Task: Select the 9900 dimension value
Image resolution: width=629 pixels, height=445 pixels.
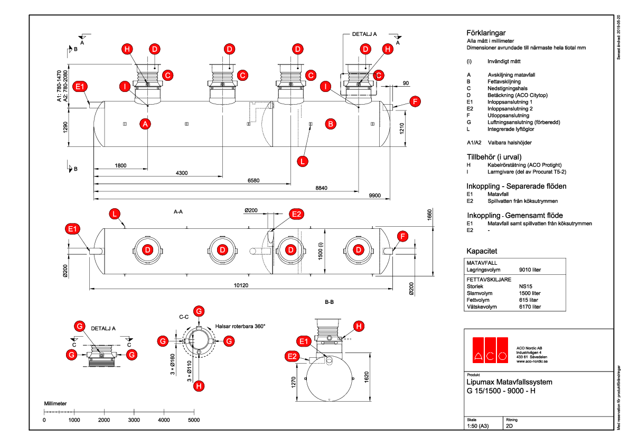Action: [x=375, y=196]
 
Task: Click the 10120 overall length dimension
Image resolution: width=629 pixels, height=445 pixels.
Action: [x=240, y=285]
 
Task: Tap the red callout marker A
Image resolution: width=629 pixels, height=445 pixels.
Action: [x=146, y=124]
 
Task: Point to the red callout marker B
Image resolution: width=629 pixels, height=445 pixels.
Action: [x=330, y=124]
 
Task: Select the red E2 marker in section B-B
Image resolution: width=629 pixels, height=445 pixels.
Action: [x=293, y=356]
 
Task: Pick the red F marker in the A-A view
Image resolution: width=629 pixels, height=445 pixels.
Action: [x=404, y=237]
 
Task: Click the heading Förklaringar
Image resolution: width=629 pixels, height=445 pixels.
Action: [x=486, y=32]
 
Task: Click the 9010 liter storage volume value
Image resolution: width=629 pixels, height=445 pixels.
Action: [x=530, y=270]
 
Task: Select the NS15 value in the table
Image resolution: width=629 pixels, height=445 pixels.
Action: [x=526, y=286]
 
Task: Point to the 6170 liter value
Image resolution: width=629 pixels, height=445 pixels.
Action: [x=530, y=307]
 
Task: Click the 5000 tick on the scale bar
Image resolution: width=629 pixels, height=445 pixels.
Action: [x=194, y=420]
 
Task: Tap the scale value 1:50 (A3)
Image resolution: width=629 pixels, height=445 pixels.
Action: [x=478, y=425]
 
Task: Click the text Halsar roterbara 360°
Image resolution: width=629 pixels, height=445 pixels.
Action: [x=240, y=326]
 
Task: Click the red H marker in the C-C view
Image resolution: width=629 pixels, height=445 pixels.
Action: [x=199, y=386]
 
